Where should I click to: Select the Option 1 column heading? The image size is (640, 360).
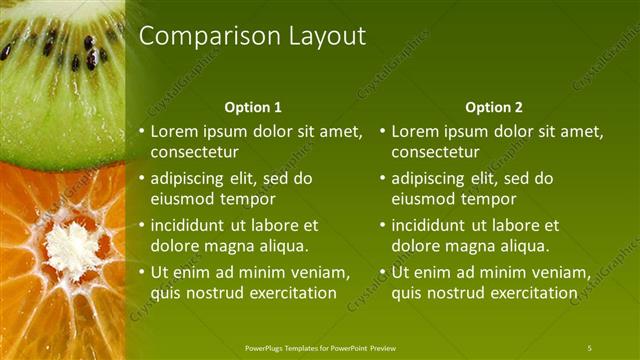click(253, 107)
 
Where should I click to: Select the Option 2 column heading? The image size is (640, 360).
click(494, 107)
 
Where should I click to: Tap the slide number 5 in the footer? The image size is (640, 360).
click(589, 347)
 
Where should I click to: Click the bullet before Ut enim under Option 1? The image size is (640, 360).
click(141, 272)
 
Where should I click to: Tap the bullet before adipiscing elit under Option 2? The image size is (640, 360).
click(382, 178)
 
